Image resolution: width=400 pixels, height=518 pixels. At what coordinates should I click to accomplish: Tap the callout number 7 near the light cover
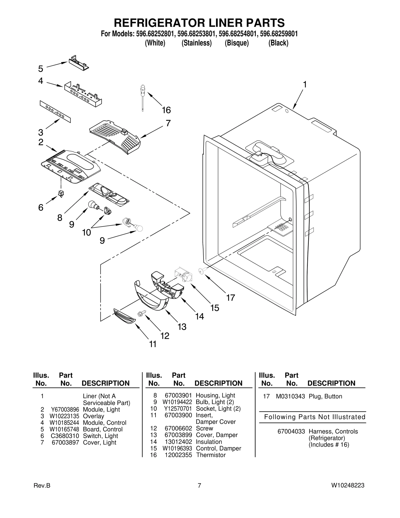168,123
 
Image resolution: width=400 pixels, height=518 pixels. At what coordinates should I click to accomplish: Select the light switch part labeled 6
61,193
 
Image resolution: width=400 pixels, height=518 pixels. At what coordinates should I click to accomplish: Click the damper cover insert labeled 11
124,317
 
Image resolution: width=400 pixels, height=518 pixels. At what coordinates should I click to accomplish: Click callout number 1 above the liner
304,85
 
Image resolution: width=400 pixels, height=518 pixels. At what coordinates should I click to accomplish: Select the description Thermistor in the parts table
211,455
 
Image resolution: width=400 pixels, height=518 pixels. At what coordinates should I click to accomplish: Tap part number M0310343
290,396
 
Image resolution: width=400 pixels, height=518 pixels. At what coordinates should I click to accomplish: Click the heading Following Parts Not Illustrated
314,417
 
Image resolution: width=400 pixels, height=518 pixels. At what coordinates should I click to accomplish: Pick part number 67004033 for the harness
291,431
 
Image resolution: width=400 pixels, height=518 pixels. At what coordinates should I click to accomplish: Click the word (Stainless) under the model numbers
196,43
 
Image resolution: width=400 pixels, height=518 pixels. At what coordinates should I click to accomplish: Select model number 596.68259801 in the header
279,34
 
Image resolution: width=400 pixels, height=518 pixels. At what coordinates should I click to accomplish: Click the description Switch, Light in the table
100,436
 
